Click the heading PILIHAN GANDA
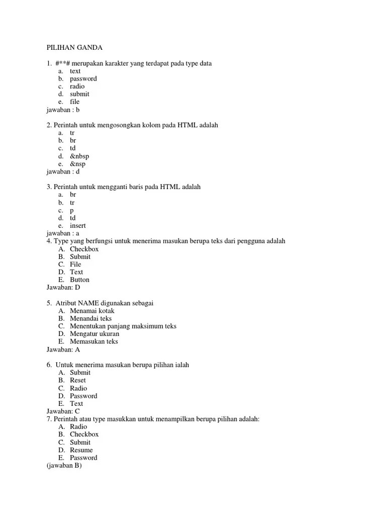coord(74,48)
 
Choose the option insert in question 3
coord(78,226)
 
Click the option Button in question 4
coord(79,280)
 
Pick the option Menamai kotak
coord(92,311)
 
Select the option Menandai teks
coord(90,318)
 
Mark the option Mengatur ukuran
coord(94,333)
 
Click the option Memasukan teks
coord(93,341)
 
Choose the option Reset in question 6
coord(78,380)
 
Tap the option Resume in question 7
coord(81,450)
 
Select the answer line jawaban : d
coord(63,171)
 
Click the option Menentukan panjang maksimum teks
coord(123,326)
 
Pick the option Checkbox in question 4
coord(84,249)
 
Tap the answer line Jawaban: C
coord(63,411)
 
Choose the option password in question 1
coord(83,78)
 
